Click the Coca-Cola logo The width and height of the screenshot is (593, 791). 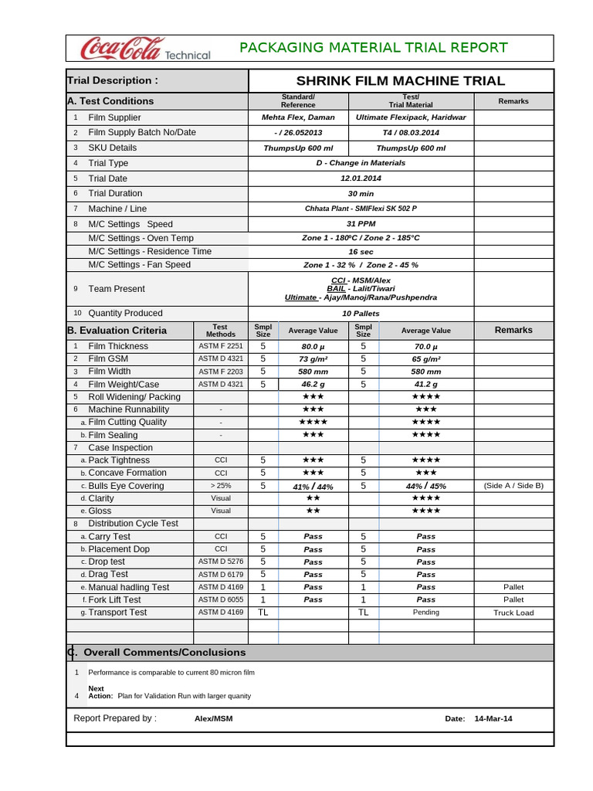coord(145,49)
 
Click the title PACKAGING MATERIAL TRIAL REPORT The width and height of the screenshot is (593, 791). coord(374,48)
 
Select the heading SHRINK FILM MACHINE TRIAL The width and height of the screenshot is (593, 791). coord(401,81)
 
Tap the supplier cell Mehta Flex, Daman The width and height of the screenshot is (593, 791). coord(298,117)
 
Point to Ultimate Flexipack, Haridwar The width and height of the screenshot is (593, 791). coord(411,117)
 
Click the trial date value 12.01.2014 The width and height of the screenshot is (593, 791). coord(361,178)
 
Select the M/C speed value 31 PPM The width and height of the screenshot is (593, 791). coord(361,223)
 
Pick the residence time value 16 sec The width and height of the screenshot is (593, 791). coord(361,252)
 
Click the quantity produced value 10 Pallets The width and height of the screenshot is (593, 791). coord(361,314)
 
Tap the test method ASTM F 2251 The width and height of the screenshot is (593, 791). coord(221,347)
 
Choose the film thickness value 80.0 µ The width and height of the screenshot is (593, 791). coord(313,347)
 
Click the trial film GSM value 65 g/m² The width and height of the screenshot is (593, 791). coord(426,359)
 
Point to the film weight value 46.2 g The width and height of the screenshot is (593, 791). coord(313,384)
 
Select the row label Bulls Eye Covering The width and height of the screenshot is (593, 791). coord(126,486)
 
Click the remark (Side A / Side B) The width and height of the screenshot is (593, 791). coord(513,486)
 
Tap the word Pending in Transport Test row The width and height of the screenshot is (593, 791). coord(426,613)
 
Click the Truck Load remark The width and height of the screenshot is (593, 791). coord(513,613)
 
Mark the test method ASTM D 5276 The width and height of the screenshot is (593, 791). coord(221,562)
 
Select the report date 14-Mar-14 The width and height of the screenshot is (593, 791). coord(493,719)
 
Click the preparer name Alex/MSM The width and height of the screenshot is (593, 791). coord(214,719)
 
